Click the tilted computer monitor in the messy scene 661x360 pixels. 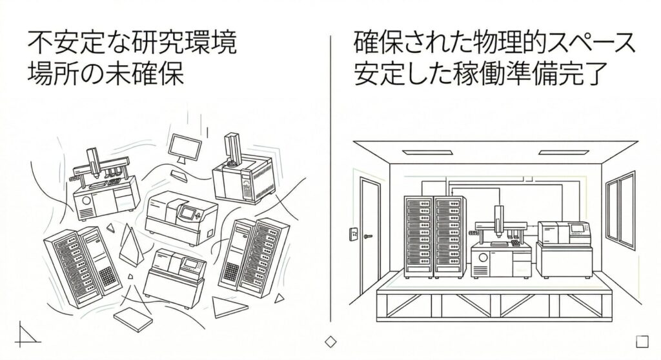[x=184, y=147]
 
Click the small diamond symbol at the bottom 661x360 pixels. [x=330, y=341]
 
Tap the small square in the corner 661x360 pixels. [x=642, y=341]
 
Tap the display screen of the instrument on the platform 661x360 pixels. [x=576, y=228]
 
